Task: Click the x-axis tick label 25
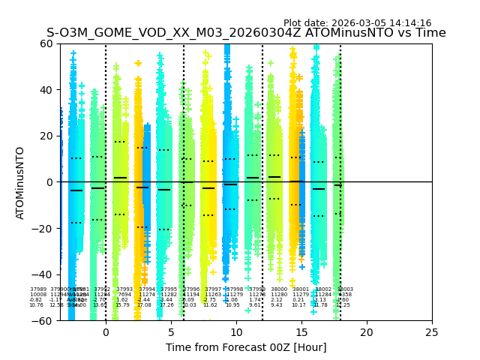[432, 332]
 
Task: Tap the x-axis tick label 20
[367, 332]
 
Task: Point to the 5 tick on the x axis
[171, 332]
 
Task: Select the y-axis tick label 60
[46, 43]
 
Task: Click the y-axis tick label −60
[43, 320]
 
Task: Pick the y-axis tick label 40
[46, 90]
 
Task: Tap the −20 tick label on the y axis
[43, 228]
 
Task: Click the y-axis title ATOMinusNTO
[21, 182]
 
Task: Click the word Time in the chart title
[431, 33]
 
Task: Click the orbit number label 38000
[278, 289]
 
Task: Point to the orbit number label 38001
[300, 289]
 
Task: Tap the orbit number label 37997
[213, 289]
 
